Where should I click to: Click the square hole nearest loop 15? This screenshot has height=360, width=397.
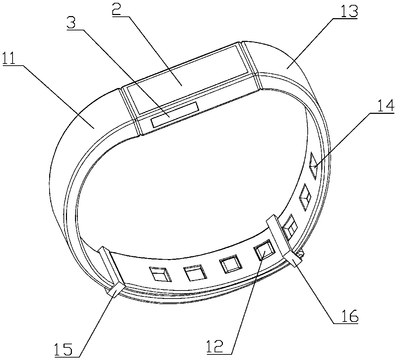(x=160, y=274)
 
